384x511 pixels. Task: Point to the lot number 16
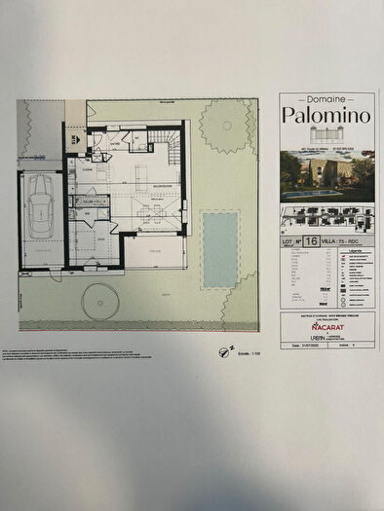[x=310, y=238]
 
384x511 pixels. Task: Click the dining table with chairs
[x=150, y=215]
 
